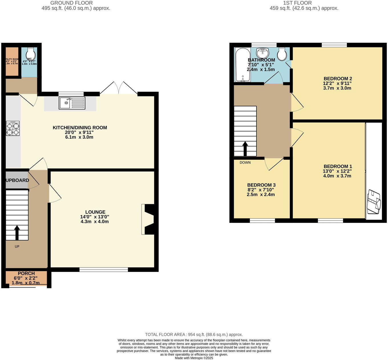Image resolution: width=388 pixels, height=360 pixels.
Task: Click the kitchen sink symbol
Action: tap(72, 103)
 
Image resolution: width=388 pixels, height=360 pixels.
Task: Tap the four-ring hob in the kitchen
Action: tap(13, 128)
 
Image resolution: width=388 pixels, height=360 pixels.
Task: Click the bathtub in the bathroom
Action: tap(242, 65)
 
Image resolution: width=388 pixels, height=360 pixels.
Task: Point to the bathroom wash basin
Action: tap(262, 52)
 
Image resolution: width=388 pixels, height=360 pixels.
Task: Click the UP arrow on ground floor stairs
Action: tap(17, 232)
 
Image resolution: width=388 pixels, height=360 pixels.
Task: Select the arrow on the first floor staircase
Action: tap(245, 149)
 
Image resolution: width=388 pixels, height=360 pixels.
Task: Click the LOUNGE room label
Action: tap(95, 212)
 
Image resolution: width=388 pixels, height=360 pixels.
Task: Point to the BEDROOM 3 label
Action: tap(261, 185)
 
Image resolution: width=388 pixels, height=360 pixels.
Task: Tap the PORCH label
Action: tap(26, 273)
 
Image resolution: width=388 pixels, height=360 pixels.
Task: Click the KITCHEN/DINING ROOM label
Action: tap(80, 128)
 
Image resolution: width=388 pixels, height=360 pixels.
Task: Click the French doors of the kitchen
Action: tap(118, 88)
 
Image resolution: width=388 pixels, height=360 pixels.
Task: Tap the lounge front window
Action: tap(104, 269)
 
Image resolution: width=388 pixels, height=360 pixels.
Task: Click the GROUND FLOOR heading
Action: tap(72, 3)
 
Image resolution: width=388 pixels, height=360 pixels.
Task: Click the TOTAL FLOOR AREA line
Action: tap(194, 335)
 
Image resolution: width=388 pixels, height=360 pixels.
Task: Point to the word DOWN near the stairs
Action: tap(245, 163)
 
